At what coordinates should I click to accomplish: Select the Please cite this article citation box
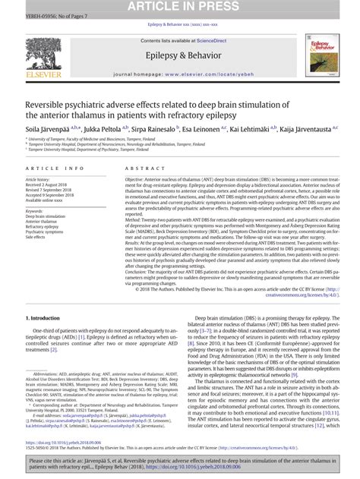coord(180,465)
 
